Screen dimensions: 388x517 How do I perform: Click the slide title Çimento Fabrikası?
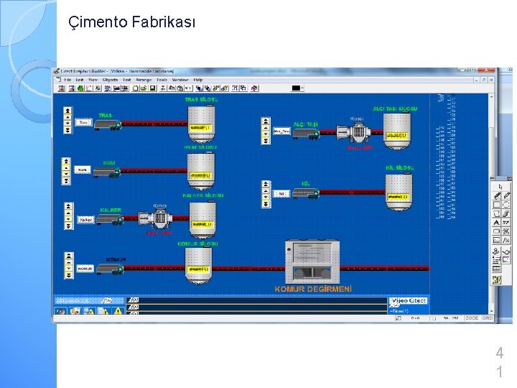coord(131,22)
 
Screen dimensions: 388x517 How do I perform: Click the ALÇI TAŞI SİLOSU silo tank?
coord(396,129)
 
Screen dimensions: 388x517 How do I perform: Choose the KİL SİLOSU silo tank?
coord(398,190)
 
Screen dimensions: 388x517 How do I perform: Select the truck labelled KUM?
coord(108,172)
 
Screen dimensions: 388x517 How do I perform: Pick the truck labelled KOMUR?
coord(110,269)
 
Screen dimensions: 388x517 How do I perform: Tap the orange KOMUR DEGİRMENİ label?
coord(313,289)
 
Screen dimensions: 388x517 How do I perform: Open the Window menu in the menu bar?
coord(180,80)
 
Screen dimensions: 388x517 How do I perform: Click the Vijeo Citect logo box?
coord(408,300)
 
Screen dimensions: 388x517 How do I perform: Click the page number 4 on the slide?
coord(499,354)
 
